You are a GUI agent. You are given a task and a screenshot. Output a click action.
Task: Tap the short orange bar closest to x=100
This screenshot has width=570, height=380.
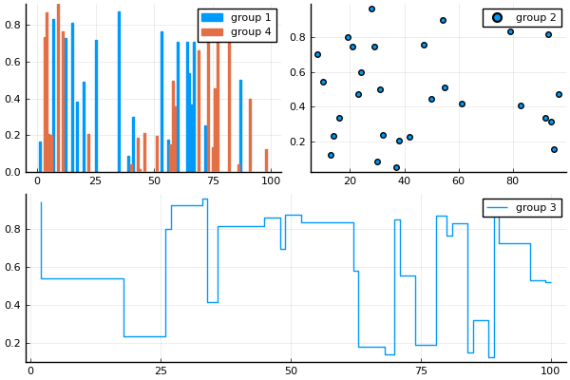pyautogui.click(x=266, y=161)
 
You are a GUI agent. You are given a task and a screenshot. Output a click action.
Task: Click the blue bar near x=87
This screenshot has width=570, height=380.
pyautogui.click(x=240, y=126)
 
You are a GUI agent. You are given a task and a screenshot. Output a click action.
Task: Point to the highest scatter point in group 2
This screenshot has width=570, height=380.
pyautogui.click(x=371, y=9)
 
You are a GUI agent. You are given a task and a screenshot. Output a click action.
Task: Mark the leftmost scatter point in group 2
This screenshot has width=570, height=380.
pyautogui.click(x=317, y=54)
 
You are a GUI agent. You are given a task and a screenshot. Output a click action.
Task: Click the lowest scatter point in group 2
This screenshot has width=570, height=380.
pyautogui.click(x=396, y=167)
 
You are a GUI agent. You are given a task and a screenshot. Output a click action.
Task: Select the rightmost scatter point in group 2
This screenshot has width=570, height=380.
pyautogui.click(x=559, y=94)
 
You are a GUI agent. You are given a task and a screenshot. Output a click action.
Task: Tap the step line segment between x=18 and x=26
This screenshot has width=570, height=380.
pyautogui.click(x=144, y=336)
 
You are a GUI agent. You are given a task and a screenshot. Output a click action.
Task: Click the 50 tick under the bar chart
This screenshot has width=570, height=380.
pyautogui.click(x=154, y=180)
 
